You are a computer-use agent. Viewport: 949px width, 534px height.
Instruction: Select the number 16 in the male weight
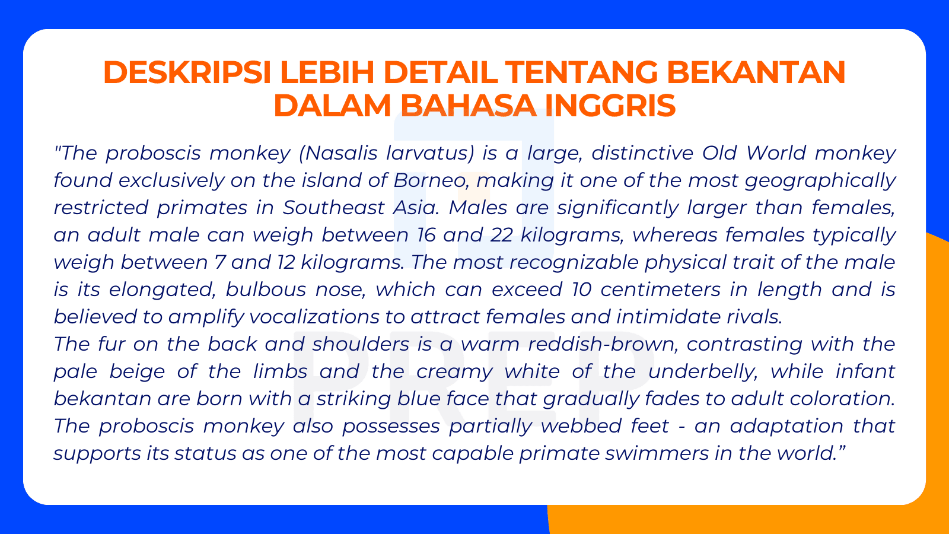pyautogui.click(x=425, y=235)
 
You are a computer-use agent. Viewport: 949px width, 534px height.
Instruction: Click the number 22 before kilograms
pyautogui.click(x=501, y=235)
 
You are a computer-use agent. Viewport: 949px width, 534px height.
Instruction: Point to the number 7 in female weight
pyautogui.click(x=219, y=262)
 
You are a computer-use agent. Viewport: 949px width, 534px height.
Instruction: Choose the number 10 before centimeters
pyautogui.click(x=582, y=290)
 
